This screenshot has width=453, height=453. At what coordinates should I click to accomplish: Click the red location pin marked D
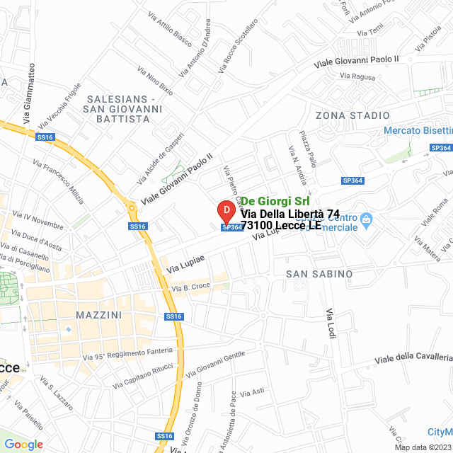coord(225,212)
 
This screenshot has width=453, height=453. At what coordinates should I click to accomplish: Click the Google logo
coord(23,444)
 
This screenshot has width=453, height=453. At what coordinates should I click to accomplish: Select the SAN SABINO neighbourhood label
coord(319,274)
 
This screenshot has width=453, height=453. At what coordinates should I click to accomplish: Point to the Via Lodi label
coord(329,323)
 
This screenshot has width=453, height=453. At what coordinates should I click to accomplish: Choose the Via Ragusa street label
coord(357,76)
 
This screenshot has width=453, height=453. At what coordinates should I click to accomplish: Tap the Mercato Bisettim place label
coord(418,130)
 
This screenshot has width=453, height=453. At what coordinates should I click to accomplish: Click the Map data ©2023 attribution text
coord(423,447)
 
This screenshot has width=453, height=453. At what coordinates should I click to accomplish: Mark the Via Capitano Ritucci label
coord(142,376)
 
